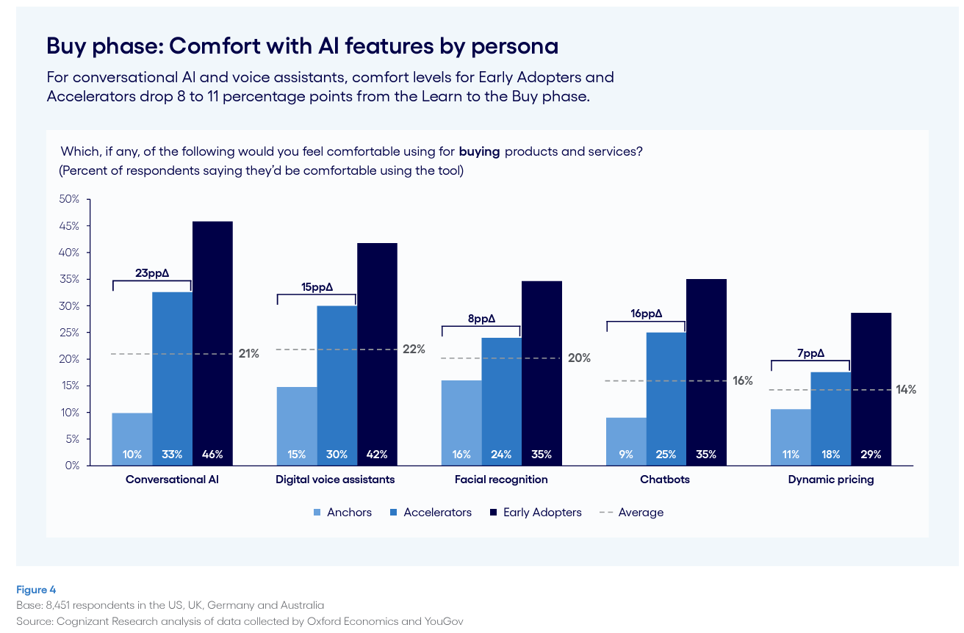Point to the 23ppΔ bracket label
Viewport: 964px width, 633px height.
[x=152, y=272]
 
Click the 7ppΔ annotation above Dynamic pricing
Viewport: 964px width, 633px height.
[x=810, y=352]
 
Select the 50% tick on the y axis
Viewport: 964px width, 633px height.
[x=70, y=199]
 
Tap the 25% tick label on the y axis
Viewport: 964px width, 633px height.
[x=70, y=333]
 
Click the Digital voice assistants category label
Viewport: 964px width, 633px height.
[x=335, y=480]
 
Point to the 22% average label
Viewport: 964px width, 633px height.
[x=414, y=350]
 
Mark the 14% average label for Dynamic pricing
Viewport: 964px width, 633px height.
[x=906, y=390]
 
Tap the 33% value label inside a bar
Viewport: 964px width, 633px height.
[x=172, y=455]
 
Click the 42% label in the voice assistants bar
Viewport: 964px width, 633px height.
[x=377, y=455]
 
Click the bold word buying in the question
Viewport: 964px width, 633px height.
[x=479, y=152]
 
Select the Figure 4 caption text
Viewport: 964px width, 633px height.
[x=36, y=590]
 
